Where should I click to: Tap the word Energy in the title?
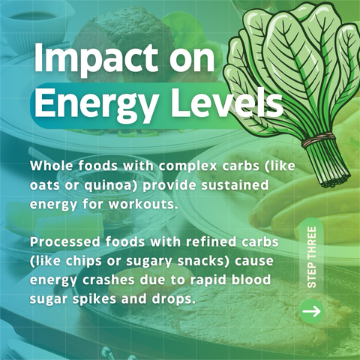tap(94, 104)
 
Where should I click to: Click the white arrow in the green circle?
tap(311, 311)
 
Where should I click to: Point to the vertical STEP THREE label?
tap(311, 257)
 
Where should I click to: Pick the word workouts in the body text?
tap(142, 204)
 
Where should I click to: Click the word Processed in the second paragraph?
tap(64, 242)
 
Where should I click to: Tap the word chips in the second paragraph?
tap(84, 262)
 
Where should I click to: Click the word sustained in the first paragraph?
tap(235, 185)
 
